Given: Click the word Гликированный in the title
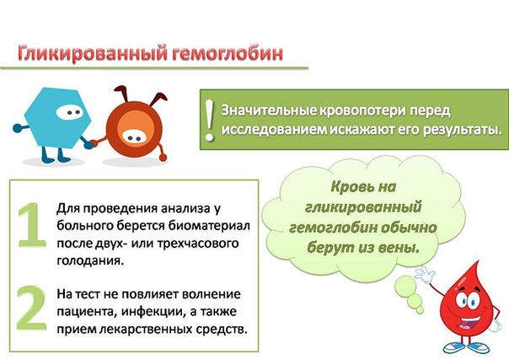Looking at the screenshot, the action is [x=94, y=53].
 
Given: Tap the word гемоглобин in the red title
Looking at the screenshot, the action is [x=228, y=53].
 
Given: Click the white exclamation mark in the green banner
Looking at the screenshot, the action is [x=210, y=120].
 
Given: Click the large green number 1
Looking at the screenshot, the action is [x=30, y=225].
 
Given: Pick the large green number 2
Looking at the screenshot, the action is [x=31, y=308].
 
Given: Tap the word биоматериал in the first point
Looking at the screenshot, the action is [x=209, y=226].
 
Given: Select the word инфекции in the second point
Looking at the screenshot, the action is [x=153, y=312].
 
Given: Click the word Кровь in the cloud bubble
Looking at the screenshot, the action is [x=349, y=187].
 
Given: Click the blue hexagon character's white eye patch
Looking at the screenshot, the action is [x=69, y=113].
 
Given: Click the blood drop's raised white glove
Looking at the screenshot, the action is [x=425, y=276].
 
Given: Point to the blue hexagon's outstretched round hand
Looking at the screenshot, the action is [x=17, y=128].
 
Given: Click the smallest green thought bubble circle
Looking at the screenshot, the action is [x=420, y=310].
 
